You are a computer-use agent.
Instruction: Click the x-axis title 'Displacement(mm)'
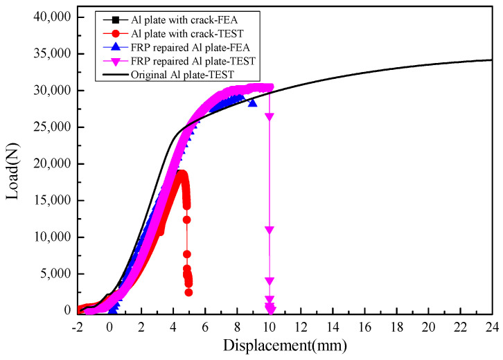286,344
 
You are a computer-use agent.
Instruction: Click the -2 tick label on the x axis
78,324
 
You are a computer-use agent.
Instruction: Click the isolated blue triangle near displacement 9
252,102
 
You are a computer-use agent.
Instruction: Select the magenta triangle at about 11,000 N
270,230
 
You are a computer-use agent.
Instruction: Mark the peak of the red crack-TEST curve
180,172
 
